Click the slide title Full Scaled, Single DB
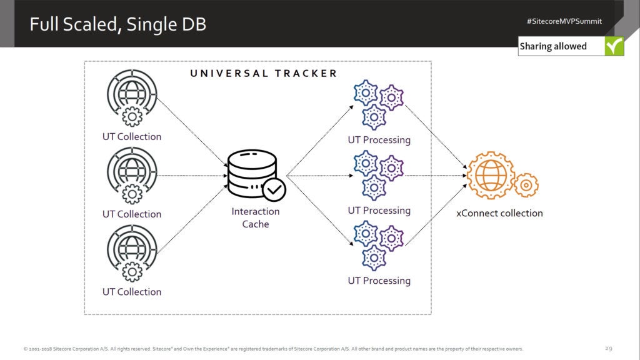point(118,24)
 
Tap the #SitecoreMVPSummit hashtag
point(564,21)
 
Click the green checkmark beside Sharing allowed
point(614,46)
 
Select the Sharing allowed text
point(553,46)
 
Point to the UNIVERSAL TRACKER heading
point(263,73)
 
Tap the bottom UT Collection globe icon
point(131,253)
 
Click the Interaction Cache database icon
point(252,174)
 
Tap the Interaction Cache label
point(255,217)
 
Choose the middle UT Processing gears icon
point(378,174)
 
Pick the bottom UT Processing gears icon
point(378,244)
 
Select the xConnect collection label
point(499,213)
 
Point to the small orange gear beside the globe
point(526,185)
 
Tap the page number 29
point(608,348)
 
